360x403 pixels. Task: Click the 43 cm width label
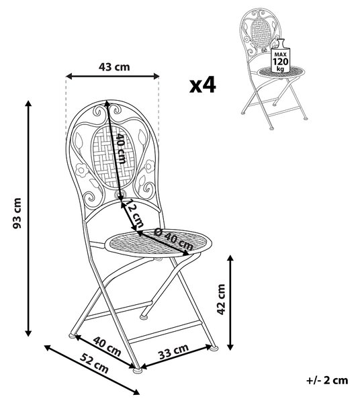click(x=114, y=66)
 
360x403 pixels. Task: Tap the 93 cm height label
click(x=17, y=213)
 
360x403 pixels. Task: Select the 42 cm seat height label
click(x=221, y=300)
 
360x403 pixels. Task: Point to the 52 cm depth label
click(x=94, y=363)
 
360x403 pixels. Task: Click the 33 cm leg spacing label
click(x=174, y=351)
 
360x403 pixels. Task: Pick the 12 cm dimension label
click(x=136, y=214)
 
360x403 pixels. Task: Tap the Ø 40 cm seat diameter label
click(x=174, y=240)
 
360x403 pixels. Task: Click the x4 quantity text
click(x=202, y=85)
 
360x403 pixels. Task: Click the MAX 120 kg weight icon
click(x=281, y=56)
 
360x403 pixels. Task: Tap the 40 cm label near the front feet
click(x=107, y=346)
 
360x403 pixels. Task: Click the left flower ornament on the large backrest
click(x=82, y=170)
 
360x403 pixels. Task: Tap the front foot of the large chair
click(x=137, y=370)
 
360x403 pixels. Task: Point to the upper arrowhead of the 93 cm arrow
click(x=28, y=103)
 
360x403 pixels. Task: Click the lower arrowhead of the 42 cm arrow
click(x=231, y=347)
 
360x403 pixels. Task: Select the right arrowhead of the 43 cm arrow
click(x=156, y=76)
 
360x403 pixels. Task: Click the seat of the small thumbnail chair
click(x=281, y=71)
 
